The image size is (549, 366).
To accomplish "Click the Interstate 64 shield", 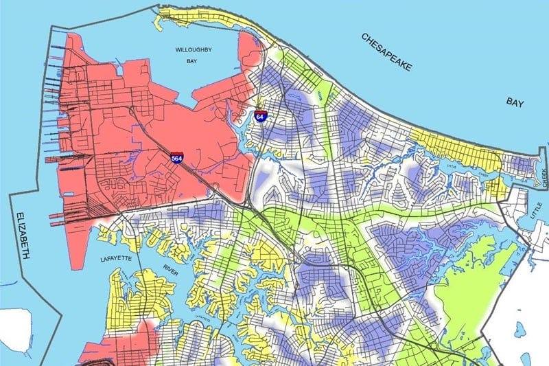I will [261, 116].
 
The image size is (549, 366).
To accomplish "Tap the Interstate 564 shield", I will [177, 157].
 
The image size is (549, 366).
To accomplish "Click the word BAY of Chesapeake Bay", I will [515, 103].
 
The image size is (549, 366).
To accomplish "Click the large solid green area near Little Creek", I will [474, 275].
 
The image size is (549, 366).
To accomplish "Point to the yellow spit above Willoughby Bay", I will [206, 14].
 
